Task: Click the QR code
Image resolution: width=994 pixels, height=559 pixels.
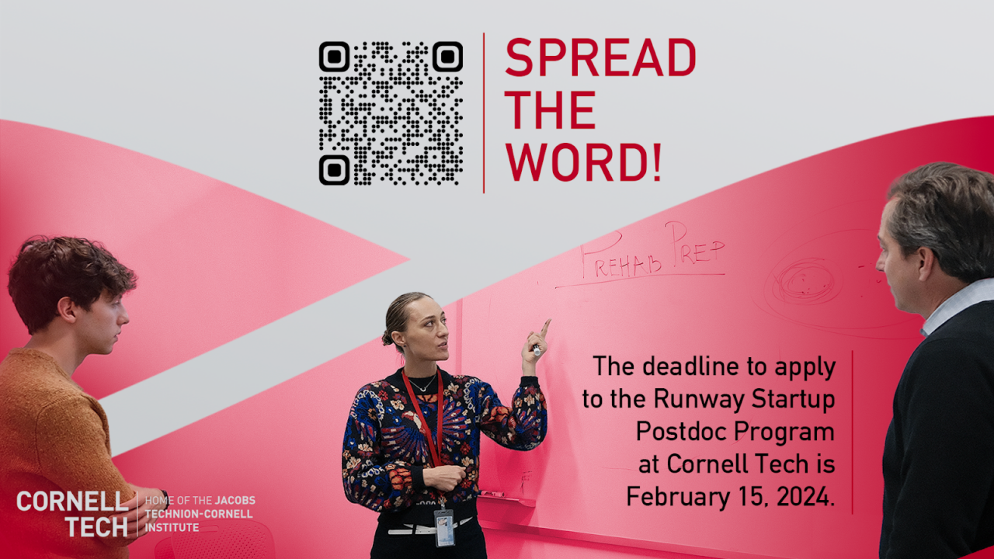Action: click(x=391, y=113)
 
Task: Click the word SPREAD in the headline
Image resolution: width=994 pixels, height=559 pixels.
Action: click(x=600, y=58)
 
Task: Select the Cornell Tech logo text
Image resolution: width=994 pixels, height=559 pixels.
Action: click(x=73, y=514)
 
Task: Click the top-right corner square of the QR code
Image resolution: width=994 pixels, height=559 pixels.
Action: click(x=447, y=57)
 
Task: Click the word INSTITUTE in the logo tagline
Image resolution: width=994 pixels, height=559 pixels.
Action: click(x=172, y=528)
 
